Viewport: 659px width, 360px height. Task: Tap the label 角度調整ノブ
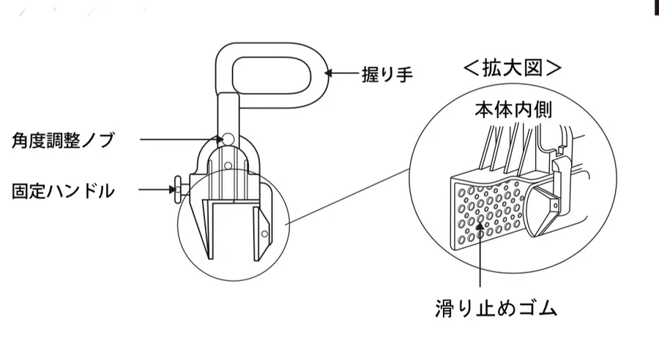[64, 140]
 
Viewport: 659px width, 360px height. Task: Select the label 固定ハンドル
[64, 192]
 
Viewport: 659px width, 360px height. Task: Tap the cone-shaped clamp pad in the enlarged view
[543, 209]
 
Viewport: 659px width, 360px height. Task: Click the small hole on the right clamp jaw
[266, 234]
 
